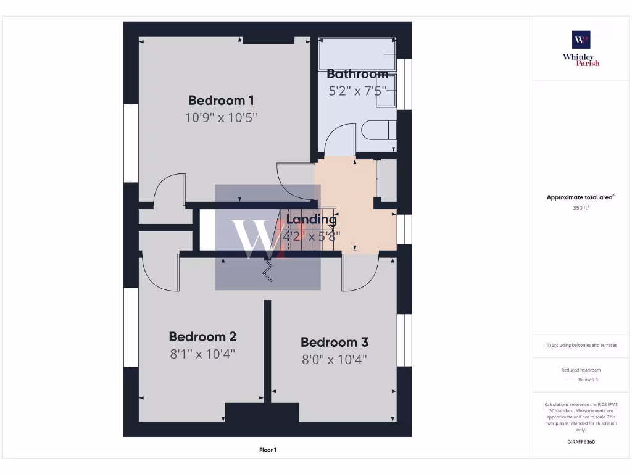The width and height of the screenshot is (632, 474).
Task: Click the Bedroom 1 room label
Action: (x=221, y=100)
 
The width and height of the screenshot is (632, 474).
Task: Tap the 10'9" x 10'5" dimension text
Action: (x=221, y=117)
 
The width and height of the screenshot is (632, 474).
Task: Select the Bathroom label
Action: (x=357, y=74)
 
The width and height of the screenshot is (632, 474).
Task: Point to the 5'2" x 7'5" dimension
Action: (x=357, y=91)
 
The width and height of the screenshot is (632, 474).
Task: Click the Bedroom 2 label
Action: (x=202, y=337)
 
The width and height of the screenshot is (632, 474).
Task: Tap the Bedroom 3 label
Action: (x=335, y=342)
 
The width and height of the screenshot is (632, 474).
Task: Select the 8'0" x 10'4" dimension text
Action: (x=335, y=359)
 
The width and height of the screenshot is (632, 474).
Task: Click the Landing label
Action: (x=312, y=219)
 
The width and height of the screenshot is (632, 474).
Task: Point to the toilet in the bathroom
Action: (x=378, y=131)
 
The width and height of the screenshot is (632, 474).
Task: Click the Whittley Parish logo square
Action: (x=581, y=39)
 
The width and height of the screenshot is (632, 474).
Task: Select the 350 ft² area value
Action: (x=580, y=208)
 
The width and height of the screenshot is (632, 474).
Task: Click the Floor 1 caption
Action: (x=268, y=450)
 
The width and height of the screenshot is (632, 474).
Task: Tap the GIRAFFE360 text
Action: (x=581, y=442)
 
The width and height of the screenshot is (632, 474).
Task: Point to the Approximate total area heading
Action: (x=580, y=197)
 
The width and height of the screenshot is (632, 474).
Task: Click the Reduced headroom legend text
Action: (x=581, y=370)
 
